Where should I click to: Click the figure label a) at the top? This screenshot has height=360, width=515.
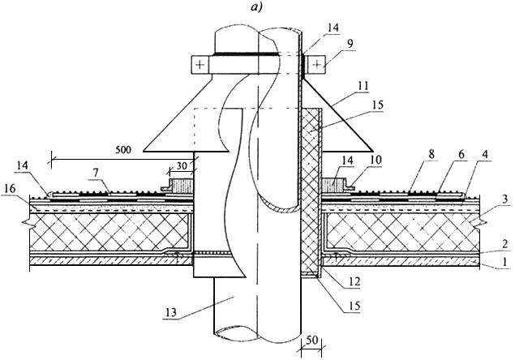pyautogui.click(x=256, y=7)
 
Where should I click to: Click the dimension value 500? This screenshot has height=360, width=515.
pyautogui.click(x=123, y=150)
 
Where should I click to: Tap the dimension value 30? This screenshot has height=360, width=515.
pyautogui.click(x=181, y=166)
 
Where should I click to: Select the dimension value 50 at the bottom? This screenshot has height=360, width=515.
pyautogui.click(x=311, y=341)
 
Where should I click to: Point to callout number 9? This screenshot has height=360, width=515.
pyautogui.click(x=351, y=44)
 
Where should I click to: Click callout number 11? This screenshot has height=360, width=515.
pyautogui.click(x=363, y=87)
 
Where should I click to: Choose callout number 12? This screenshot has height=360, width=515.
pyautogui.click(x=355, y=281)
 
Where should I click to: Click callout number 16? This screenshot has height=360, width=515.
pyautogui.click(x=10, y=189)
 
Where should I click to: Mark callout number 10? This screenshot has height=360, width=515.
pyautogui.click(x=376, y=161)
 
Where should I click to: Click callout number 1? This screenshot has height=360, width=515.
pyautogui.click(x=505, y=262)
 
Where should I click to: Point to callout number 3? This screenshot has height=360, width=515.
pyautogui.click(x=505, y=199)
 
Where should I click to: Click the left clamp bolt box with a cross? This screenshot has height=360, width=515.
pyautogui.click(x=200, y=65)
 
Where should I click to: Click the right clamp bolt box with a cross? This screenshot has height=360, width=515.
pyautogui.click(x=316, y=64)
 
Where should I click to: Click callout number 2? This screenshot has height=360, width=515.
pyautogui.click(x=505, y=244)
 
